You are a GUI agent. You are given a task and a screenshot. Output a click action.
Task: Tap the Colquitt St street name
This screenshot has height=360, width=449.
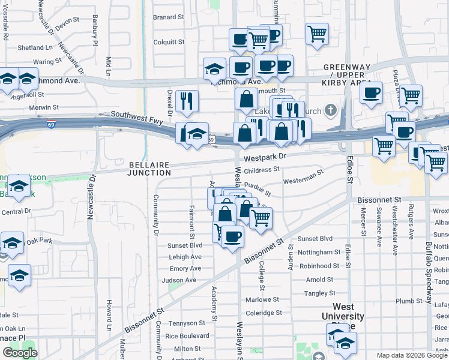168,42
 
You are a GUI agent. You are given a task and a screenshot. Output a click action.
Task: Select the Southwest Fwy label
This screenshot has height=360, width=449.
137,114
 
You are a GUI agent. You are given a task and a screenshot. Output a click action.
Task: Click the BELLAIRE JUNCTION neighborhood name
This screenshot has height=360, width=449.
149,169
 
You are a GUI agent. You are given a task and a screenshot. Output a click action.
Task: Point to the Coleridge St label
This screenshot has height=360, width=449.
264,313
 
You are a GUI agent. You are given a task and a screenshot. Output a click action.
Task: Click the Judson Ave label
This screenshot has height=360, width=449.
179,280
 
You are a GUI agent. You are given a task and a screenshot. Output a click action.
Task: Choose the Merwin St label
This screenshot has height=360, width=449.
44,107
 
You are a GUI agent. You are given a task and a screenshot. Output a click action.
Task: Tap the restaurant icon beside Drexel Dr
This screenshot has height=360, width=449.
188,101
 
